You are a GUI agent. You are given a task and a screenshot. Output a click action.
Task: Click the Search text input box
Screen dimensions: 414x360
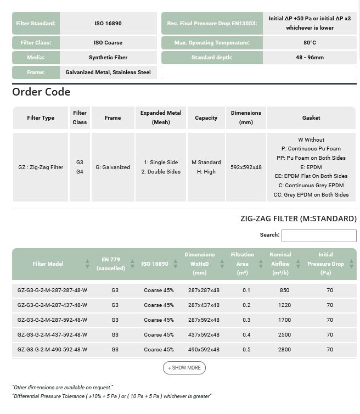pyautogui.click(x=319, y=236)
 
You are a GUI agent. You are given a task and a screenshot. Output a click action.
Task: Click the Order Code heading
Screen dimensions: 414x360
pyautogui.click(x=41, y=92)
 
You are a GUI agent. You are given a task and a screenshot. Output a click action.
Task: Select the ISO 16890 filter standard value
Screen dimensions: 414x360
pyautogui.click(x=108, y=24)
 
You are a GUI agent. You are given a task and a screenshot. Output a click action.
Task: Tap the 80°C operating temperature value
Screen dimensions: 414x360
pyautogui.click(x=310, y=43)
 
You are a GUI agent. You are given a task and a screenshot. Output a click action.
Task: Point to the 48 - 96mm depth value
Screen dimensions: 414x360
pyautogui.click(x=310, y=57)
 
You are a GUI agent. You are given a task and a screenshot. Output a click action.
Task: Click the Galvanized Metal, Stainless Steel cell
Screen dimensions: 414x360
pyautogui.click(x=108, y=72)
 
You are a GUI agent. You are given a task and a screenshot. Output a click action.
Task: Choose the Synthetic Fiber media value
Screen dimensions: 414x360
pyautogui.click(x=108, y=57)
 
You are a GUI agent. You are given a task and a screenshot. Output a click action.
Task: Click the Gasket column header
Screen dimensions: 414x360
pyautogui.click(x=311, y=118)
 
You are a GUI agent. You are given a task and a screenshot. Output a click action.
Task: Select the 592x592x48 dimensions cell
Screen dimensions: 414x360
pyautogui.click(x=246, y=167)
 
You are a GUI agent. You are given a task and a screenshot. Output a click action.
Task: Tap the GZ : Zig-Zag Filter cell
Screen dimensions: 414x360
pyautogui.click(x=41, y=167)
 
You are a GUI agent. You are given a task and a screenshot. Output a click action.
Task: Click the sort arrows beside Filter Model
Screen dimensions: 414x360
pyautogui.click(x=87, y=264)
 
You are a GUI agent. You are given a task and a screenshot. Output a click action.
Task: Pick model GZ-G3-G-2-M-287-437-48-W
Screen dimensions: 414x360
pyautogui.click(x=52, y=305)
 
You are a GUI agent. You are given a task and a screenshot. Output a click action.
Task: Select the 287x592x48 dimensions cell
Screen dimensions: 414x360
pyautogui.click(x=204, y=320)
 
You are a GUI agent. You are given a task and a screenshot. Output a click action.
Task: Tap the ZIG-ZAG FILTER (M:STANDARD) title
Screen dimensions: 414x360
pyautogui.click(x=298, y=219)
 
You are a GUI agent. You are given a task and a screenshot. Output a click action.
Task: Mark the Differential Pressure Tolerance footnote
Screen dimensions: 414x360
pyautogui.click(x=111, y=396)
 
